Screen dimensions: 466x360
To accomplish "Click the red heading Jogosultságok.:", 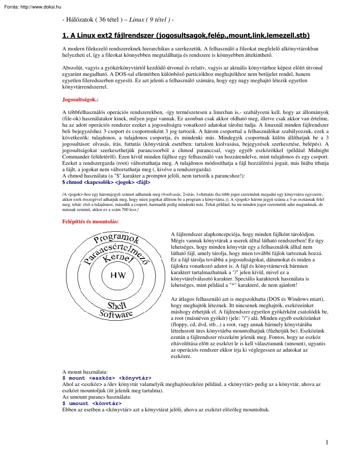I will [x=80, y=100].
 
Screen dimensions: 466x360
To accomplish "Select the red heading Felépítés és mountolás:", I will [x=90, y=222].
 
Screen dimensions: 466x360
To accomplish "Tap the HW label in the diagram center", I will [x=118, y=275].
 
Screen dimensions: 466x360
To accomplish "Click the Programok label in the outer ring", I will [x=116, y=240].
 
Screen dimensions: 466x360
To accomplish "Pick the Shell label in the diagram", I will [x=117, y=305].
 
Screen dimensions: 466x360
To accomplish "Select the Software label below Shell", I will [x=116, y=314].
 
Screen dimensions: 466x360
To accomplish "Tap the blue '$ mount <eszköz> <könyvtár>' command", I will [x=107, y=377].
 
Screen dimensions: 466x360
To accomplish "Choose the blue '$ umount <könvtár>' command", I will [x=92, y=403].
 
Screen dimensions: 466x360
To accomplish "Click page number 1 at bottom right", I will [x=327, y=443].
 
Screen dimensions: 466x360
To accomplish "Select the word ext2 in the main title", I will [x=108, y=35].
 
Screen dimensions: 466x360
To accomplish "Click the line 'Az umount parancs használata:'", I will [x=97, y=397].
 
